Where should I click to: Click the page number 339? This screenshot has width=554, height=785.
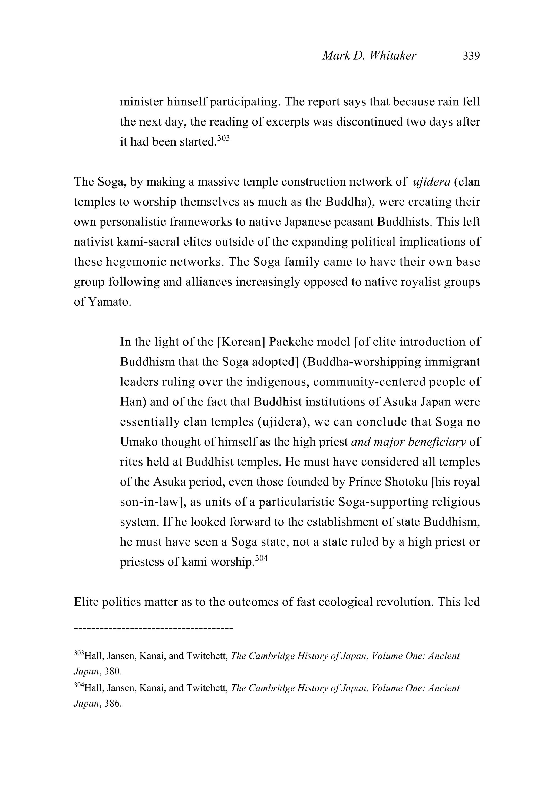tap(471, 55)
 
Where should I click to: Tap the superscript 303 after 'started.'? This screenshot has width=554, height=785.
tap(223, 138)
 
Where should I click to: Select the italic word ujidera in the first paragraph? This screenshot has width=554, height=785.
tap(431, 182)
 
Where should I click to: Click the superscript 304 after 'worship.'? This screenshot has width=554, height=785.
tap(261, 559)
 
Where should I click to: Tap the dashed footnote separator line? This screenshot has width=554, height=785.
tap(153, 628)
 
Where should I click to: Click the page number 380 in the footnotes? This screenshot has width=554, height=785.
tap(113, 671)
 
